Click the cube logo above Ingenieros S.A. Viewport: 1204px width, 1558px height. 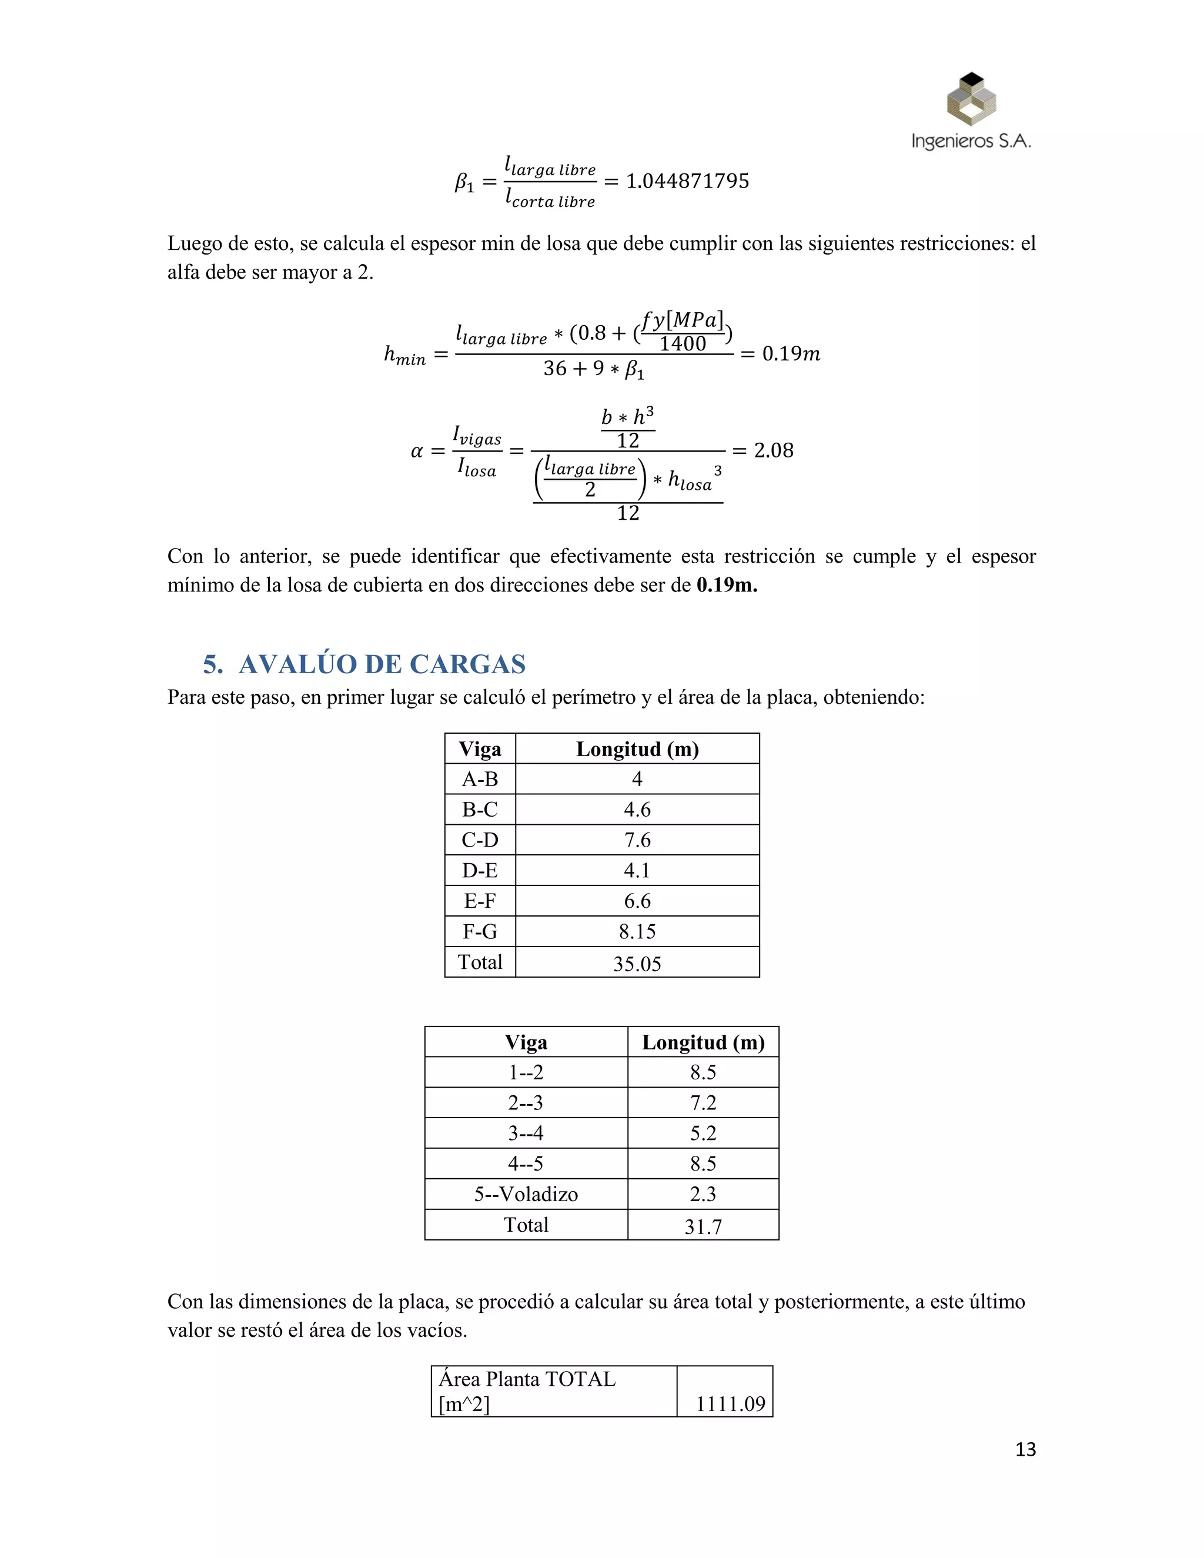(x=971, y=99)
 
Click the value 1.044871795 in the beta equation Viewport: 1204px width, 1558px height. (x=688, y=181)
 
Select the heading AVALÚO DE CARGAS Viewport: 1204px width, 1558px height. (x=382, y=664)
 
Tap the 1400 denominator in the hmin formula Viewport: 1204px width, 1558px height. (x=682, y=344)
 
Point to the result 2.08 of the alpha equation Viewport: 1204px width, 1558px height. (x=773, y=450)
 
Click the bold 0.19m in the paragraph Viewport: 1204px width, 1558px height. (x=726, y=585)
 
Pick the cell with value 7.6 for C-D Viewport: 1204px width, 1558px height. (x=637, y=840)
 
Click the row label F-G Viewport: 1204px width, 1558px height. (x=480, y=931)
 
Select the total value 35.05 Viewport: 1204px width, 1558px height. (x=637, y=963)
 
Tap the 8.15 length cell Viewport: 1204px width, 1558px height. (x=637, y=931)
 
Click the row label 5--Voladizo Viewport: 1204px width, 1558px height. (x=526, y=1193)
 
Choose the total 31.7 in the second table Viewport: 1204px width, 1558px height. (x=703, y=1226)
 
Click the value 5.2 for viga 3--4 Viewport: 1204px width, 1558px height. (x=703, y=1133)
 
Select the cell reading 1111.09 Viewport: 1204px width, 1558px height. (x=730, y=1404)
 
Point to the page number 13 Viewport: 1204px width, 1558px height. (x=1025, y=1450)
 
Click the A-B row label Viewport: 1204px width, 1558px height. (x=480, y=779)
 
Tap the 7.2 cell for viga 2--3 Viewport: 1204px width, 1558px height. (x=703, y=1102)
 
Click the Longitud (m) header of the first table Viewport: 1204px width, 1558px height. (x=637, y=749)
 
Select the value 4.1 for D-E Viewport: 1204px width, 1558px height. (x=637, y=870)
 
